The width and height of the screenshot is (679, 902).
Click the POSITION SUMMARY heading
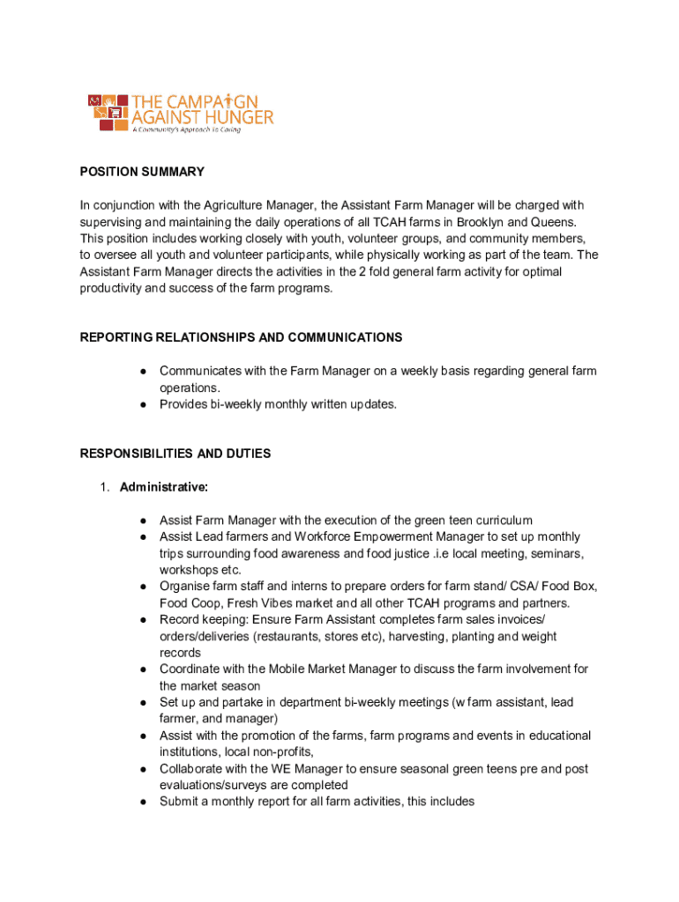tap(142, 172)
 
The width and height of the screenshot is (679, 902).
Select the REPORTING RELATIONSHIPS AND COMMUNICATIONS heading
tap(241, 337)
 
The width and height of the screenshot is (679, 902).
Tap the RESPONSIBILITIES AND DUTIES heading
tap(175, 454)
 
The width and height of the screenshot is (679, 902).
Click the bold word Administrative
tap(164, 487)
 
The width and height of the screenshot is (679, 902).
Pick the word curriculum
tap(501, 521)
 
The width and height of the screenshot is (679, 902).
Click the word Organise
tap(186, 587)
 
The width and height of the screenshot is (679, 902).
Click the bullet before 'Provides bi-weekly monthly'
tap(142, 404)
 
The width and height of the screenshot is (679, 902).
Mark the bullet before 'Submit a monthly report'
tap(142, 802)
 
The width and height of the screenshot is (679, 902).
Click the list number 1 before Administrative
tap(103, 487)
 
